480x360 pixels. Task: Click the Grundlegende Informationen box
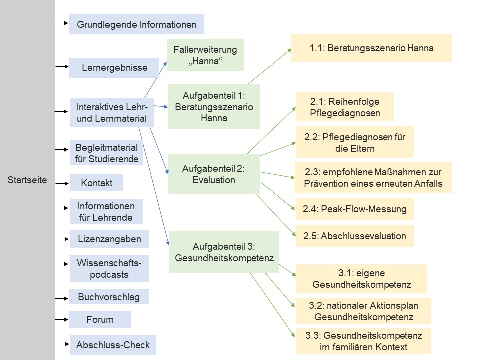pyautogui.click(x=136, y=24)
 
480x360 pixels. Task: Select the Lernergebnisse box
pyautogui.click(x=114, y=68)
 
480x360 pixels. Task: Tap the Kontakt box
pyautogui.click(x=97, y=183)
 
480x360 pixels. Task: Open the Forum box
pyautogui.click(x=100, y=319)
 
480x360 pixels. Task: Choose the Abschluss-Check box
pyautogui.click(x=113, y=345)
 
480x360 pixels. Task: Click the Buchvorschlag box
pyautogui.click(x=109, y=297)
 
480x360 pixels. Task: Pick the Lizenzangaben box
pyautogui.click(x=109, y=239)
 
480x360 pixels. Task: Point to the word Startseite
pyautogui.click(x=27, y=180)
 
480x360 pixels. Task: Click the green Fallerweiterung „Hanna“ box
pyautogui.click(x=205, y=55)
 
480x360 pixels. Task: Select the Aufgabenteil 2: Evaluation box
pyautogui.click(x=214, y=174)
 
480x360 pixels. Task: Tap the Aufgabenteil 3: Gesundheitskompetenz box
pyautogui.click(x=224, y=252)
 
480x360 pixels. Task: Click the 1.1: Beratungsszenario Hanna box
pyautogui.click(x=371, y=48)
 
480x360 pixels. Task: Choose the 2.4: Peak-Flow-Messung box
pyautogui.click(x=355, y=209)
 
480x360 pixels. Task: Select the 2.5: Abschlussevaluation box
pyautogui.click(x=355, y=236)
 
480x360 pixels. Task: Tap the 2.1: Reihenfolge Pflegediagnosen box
pyautogui.click(x=345, y=107)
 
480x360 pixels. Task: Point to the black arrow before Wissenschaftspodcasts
pyautogui.click(x=62, y=263)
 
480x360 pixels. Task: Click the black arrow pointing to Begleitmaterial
pyautogui.click(x=62, y=149)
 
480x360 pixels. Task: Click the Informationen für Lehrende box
pyautogui.click(x=106, y=211)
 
